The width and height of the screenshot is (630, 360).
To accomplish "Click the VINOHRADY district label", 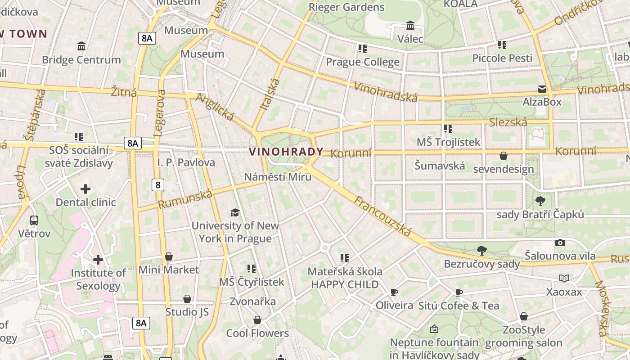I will click(286, 152).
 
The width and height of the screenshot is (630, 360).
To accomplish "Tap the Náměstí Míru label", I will click(278, 176).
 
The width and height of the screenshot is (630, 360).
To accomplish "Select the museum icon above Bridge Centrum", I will click(81, 46).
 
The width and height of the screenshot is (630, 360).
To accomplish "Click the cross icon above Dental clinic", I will click(85, 189).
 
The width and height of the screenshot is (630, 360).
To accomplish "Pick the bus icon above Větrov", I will click(34, 220).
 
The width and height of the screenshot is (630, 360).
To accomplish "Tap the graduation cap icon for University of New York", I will click(235, 212).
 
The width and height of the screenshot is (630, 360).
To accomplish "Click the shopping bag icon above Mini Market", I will click(169, 256).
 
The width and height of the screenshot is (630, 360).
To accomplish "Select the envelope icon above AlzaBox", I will click(542, 89).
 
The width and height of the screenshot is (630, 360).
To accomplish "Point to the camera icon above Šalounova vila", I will click(560, 243).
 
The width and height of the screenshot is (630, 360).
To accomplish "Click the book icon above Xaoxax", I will click(564, 279).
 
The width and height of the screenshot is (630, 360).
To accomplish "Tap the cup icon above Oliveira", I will click(394, 292).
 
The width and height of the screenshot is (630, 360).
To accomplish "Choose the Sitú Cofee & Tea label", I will click(459, 306).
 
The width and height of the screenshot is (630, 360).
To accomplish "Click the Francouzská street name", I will click(382, 216).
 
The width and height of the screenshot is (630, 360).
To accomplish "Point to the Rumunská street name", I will click(185, 200).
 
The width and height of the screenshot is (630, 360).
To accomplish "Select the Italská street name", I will click(270, 94).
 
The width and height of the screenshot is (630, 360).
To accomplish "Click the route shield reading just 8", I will click(157, 184).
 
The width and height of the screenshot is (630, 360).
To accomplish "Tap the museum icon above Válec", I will click(410, 25).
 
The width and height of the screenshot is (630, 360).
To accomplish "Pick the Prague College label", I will click(362, 62).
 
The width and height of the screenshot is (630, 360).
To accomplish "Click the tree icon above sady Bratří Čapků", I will click(540, 201).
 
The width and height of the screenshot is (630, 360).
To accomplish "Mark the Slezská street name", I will click(508, 122).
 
